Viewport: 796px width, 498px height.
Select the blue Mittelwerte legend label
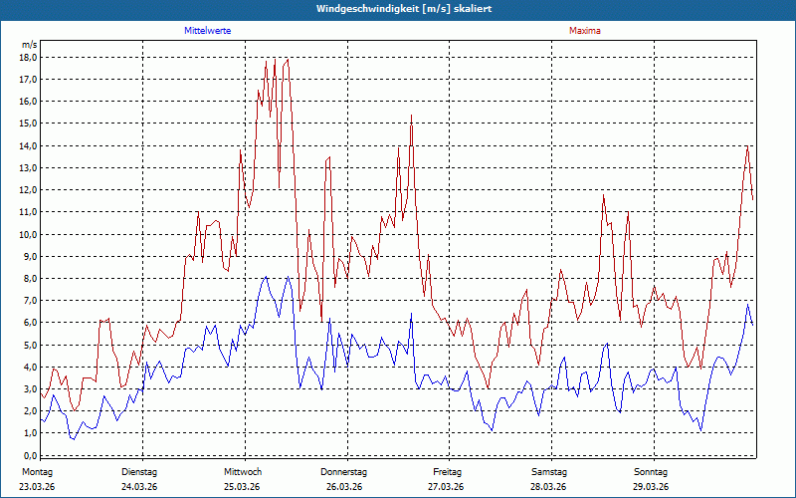[x=208, y=31]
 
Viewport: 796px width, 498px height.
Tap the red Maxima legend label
[x=585, y=31]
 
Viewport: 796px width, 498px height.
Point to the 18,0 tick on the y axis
[x=28, y=57]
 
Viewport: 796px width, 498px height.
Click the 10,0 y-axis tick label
[x=28, y=234]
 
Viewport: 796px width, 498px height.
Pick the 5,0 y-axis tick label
[x=30, y=345]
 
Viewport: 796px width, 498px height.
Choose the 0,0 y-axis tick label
[x=30, y=455]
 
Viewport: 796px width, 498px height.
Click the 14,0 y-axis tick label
[x=28, y=145]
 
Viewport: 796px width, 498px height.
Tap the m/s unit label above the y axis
[x=29, y=45]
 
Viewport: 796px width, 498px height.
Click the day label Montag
[x=37, y=471]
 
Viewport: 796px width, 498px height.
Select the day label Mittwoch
[x=242, y=471]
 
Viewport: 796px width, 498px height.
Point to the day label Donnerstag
[x=344, y=471]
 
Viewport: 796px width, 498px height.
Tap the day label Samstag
[x=549, y=471]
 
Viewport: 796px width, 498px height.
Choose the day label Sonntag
[x=651, y=471]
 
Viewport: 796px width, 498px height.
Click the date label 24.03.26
[x=139, y=486]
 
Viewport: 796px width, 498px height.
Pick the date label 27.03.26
[x=446, y=486]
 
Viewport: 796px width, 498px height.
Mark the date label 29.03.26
[x=651, y=486]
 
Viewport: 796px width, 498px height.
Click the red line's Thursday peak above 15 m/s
[x=411, y=116]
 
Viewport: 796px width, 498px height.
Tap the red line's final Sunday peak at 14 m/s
[x=747, y=146]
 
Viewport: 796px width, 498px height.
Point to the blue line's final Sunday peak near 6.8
[x=748, y=305]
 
